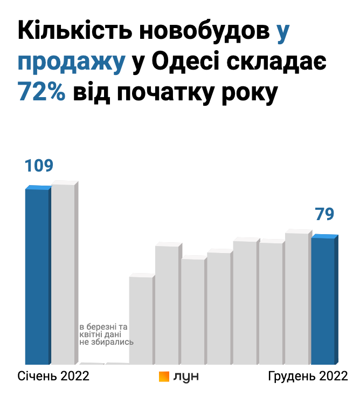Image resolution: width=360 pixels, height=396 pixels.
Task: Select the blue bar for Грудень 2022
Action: pyautogui.click(x=323, y=300)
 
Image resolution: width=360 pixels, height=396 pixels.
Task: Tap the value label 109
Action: pyautogui.click(x=39, y=166)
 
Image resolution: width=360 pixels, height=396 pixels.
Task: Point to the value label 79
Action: pyautogui.click(x=324, y=214)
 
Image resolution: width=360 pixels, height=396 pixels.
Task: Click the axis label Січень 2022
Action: pyautogui.click(x=53, y=376)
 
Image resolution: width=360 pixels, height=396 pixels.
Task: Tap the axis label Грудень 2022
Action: pyautogui.click(x=308, y=376)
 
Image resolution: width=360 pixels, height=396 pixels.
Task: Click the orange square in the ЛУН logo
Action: pyautogui.click(x=164, y=377)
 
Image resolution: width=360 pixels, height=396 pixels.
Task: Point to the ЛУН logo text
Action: pyautogui.click(x=186, y=377)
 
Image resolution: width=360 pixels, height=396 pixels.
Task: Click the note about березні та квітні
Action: pyautogui.click(x=107, y=334)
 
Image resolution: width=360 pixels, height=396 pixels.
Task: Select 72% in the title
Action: pyautogui.click(x=41, y=91)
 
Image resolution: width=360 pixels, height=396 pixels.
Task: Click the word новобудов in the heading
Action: pyautogui.click(x=203, y=34)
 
